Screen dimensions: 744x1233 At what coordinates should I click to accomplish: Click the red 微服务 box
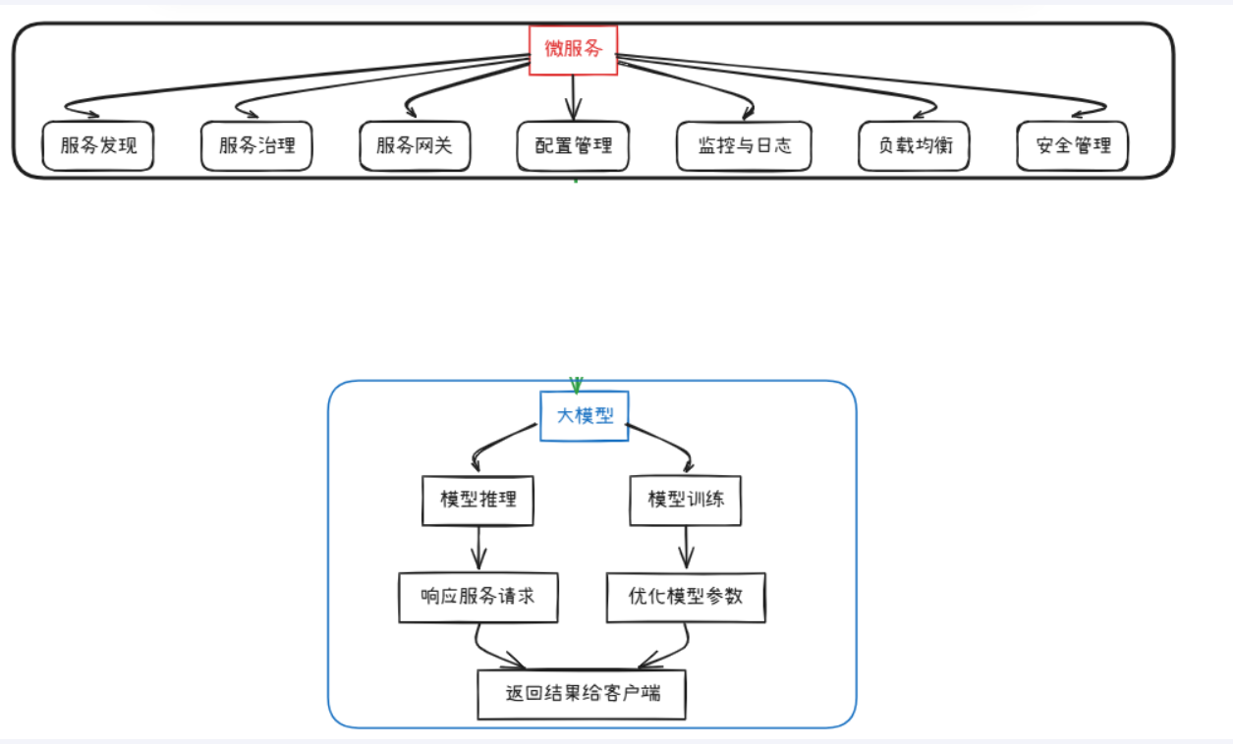(x=574, y=49)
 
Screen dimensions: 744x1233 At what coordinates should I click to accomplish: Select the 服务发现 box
(x=98, y=146)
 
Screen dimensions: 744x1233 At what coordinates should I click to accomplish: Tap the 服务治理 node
(x=256, y=146)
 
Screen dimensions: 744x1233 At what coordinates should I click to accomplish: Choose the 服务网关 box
(x=415, y=146)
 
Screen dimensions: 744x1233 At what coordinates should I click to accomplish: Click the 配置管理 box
(x=574, y=146)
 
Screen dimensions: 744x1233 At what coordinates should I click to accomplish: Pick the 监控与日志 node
(x=744, y=146)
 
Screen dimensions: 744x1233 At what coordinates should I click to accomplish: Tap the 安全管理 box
(x=1073, y=146)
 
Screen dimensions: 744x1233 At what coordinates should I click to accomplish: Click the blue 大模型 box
(x=585, y=416)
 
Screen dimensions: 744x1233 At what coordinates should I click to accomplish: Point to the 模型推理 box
(x=478, y=501)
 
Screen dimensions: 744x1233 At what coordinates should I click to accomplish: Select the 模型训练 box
(x=686, y=501)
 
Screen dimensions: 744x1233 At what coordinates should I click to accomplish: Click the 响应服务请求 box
(x=478, y=597)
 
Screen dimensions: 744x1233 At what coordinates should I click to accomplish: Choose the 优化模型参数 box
(x=686, y=597)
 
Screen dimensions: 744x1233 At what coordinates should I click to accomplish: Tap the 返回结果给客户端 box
(x=582, y=694)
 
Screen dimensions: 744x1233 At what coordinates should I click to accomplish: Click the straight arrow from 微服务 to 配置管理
(x=574, y=97)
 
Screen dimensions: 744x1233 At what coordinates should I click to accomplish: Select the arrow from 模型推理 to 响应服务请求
(x=478, y=548)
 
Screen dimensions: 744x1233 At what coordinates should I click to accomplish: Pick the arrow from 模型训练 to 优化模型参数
(x=687, y=548)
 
